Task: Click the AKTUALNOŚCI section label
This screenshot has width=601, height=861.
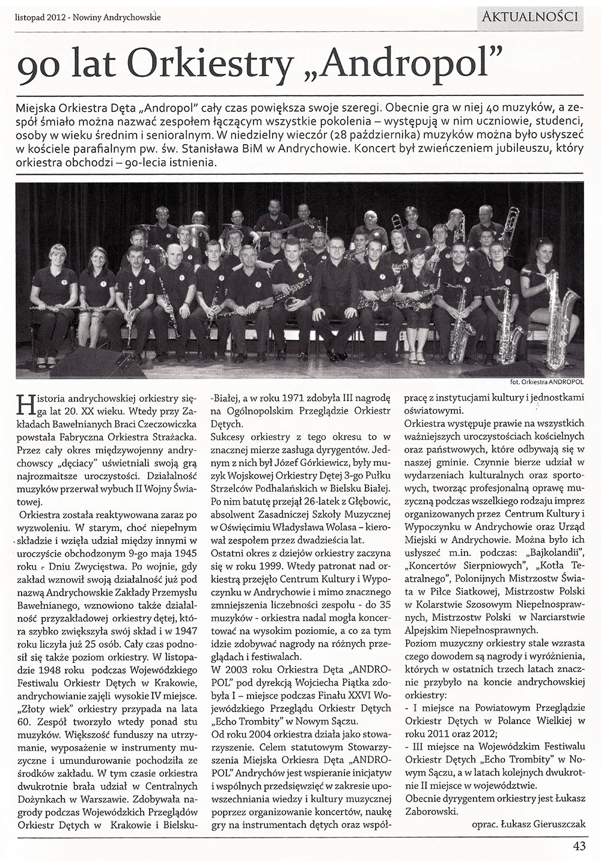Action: pyautogui.click(x=530, y=16)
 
